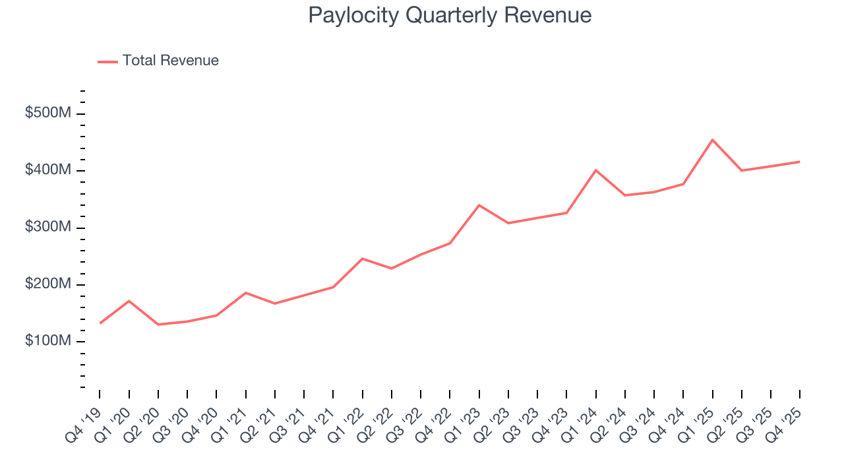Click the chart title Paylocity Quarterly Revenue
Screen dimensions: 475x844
click(450, 15)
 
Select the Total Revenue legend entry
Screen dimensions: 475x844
click(170, 61)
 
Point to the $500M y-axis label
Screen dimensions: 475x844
click(47, 113)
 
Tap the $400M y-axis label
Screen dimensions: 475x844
click(47, 170)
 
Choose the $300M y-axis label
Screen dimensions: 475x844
click(47, 228)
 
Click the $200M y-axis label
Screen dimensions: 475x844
click(47, 284)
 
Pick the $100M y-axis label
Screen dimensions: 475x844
click(47, 341)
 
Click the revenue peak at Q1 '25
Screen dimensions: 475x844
click(713, 140)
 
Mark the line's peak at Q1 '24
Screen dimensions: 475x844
click(596, 170)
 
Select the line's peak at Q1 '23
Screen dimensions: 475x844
click(479, 205)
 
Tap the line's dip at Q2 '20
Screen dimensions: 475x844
click(158, 325)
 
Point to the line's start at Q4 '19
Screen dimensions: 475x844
click(100, 323)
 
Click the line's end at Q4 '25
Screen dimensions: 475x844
click(800, 162)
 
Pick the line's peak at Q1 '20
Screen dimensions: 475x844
click(129, 301)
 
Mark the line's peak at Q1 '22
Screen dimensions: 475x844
click(363, 259)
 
